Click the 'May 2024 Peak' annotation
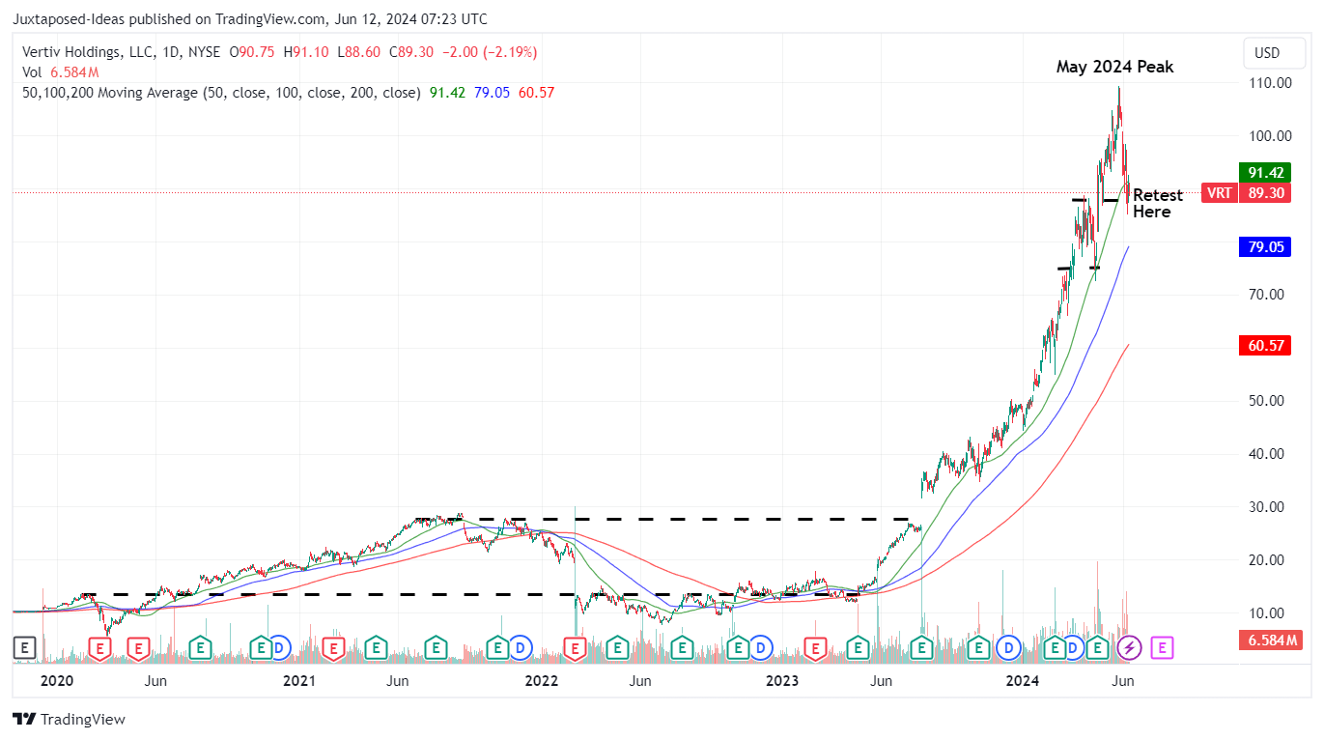(1114, 67)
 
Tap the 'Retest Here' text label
(1156, 203)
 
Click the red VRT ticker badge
(1219, 192)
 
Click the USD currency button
(1266, 53)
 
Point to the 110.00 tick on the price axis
(1270, 83)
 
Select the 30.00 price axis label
(1270, 507)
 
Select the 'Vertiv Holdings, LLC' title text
(82, 52)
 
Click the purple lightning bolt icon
(1129, 647)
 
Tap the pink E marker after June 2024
(1162, 647)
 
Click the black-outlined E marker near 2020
(24, 647)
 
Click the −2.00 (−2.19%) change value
(490, 52)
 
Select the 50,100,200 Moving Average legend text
(220, 93)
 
